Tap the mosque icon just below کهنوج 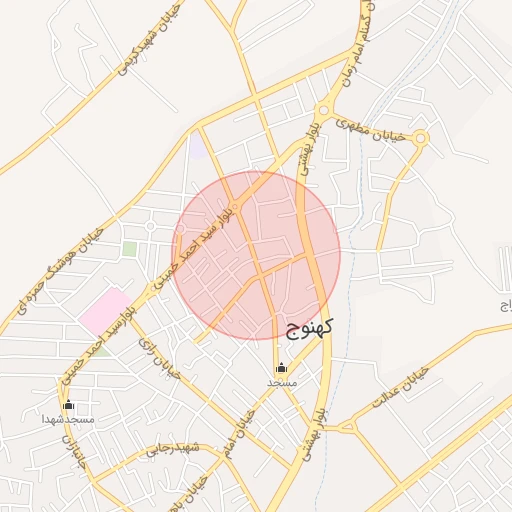(x=281, y=367)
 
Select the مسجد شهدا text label (x=69, y=420)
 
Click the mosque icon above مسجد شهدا (x=68, y=405)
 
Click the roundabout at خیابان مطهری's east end (x=421, y=140)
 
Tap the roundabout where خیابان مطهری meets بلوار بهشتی (x=322, y=111)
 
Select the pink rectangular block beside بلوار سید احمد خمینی (x=105, y=312)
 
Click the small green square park (x=129, y=248)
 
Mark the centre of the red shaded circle (x=256, y=255)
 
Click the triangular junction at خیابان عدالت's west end (x=351, y=428)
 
